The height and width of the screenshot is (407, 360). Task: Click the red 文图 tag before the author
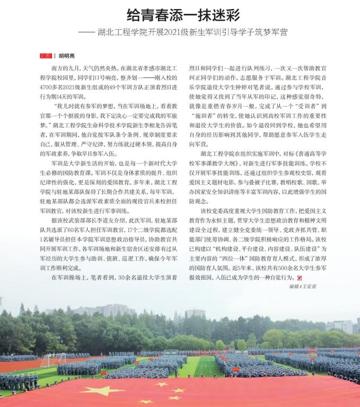click(x=46, y=55)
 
